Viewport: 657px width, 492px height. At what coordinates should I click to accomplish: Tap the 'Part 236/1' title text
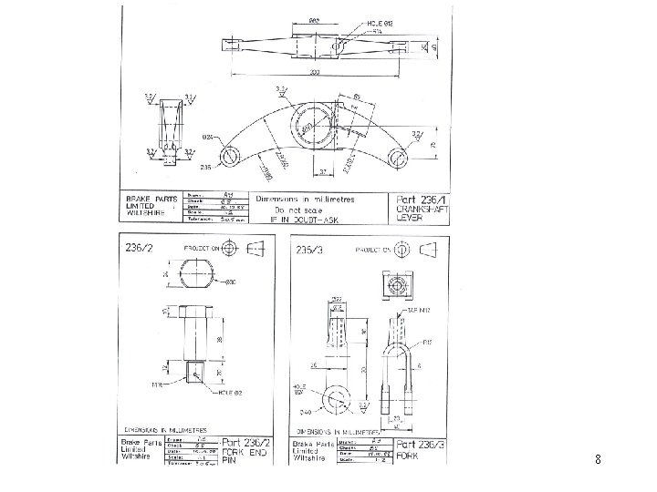tap(419, 199)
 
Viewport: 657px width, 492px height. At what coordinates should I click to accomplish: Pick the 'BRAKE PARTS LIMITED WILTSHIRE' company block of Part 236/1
tap(147, 206)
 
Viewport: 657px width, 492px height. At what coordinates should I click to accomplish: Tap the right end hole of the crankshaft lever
tap(399, 158)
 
